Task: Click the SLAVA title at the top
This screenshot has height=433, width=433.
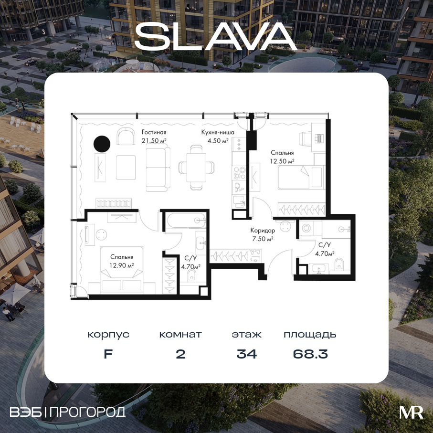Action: tap(216, 36)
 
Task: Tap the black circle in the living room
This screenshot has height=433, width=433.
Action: tap(102, 144)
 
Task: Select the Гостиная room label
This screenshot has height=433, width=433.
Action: tap(154, 132)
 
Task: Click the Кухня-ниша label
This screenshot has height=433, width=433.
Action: tap(218, 132)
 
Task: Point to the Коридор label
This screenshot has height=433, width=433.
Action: tap(263, 230)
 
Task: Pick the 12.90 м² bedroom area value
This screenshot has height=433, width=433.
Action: tap(122, 265)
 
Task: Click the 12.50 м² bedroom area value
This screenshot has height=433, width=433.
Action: tap(282, 161)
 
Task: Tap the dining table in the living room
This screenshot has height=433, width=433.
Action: tap(196, 167)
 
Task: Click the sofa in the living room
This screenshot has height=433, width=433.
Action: tap(158, 169)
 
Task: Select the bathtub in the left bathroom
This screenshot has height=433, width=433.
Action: tap(186, 220)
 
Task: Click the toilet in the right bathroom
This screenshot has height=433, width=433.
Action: tap(339, 264)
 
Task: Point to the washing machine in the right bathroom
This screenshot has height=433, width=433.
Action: tap(306, 228)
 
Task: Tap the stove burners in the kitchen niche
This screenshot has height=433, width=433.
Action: tap(239, 173)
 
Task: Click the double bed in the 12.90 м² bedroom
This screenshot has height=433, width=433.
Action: tap(122, 270)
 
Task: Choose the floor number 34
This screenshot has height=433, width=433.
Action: tap(247, 354)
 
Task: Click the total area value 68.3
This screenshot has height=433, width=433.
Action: tap(310, 354)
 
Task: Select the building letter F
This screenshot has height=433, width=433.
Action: tap(108, 354)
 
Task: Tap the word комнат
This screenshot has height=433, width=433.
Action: tap(180, 335)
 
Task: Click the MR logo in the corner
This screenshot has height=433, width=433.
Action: tap(411, 412)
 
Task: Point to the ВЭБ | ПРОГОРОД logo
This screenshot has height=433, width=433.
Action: tap(68, 412)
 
